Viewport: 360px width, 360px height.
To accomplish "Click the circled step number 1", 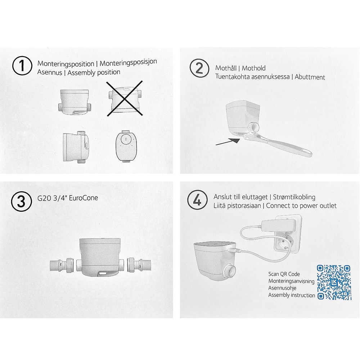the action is pos(22,66).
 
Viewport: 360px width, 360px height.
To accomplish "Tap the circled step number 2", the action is pos(199,68).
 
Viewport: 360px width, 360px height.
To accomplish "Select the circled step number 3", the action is pos(21,201).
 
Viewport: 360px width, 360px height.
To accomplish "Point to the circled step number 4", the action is pos(197,200).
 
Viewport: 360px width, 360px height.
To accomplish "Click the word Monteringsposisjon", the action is pos(129,63).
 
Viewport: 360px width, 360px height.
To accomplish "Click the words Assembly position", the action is pos(94,73).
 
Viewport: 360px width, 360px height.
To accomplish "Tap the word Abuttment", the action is pos(310,77).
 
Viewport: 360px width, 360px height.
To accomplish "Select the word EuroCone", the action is pos(84,198).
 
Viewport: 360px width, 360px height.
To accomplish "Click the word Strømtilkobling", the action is pos(294,197).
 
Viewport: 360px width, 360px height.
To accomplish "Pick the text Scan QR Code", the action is pos(284,274).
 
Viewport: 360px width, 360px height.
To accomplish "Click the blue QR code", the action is pos(334,282).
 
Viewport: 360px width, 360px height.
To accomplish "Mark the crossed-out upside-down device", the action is pos(125,98).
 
